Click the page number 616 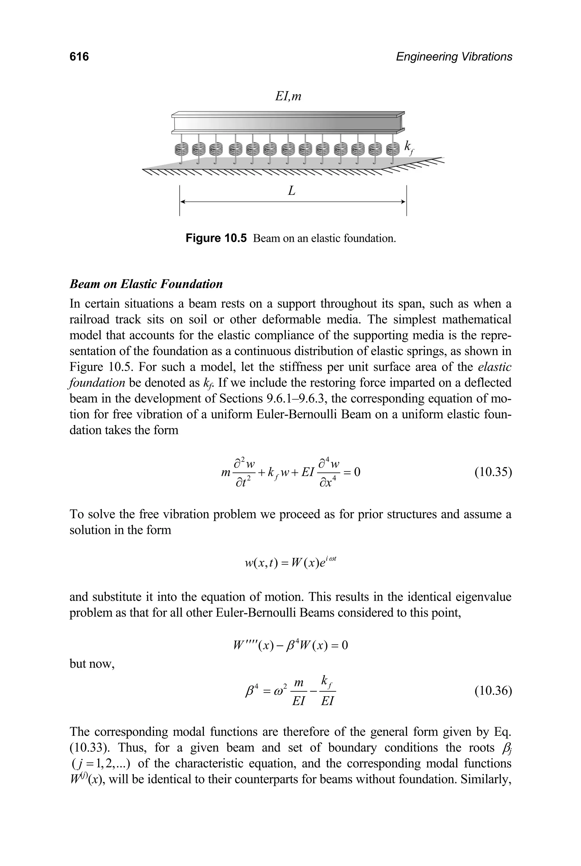[79, 57]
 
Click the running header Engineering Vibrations [454, 57]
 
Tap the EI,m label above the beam [288, 97]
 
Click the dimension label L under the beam [292, 191]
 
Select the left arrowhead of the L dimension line [182, 202]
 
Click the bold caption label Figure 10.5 [216, 238]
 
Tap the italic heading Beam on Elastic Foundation [146, 284]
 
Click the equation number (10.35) [493, 472]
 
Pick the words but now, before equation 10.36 [92, 664]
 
